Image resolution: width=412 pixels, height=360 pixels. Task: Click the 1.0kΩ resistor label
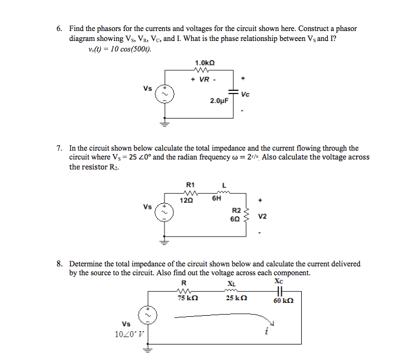pyautogui.click(x=205, y=63)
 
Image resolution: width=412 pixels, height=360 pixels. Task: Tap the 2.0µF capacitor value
pyautogui.click(x=219, y=101)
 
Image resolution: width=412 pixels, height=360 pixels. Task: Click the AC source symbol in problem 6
pyautogui.click(x=164, y=94)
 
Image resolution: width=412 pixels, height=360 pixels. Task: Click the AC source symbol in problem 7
pyautogui.click(x=164, y=213)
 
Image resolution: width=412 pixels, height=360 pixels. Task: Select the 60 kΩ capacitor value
pyautogui.click(x=283, y=301)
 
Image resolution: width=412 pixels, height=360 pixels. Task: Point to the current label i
pyautogui.click(x=267, y=331)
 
